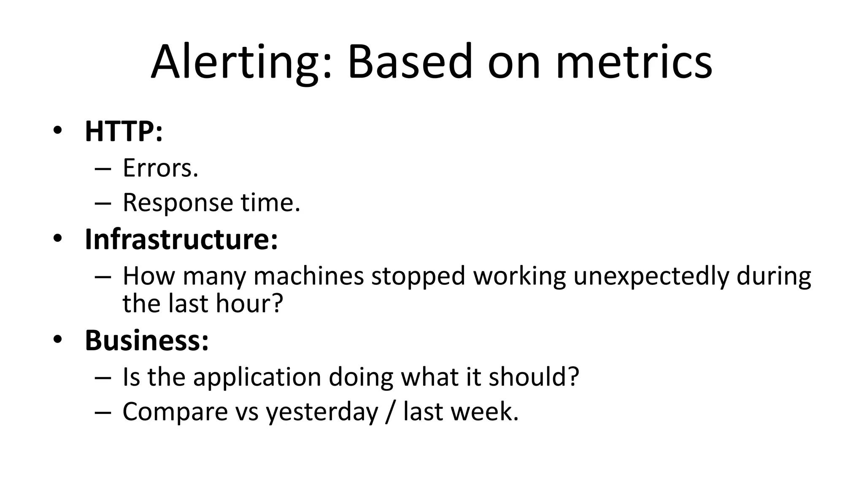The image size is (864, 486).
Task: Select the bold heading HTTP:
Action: [x=124, y=131]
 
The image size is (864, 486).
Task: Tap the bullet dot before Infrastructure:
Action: [x=58, y=239]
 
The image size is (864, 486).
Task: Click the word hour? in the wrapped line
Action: [x=249, y=303]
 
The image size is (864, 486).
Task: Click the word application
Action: [x=257, y=377]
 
